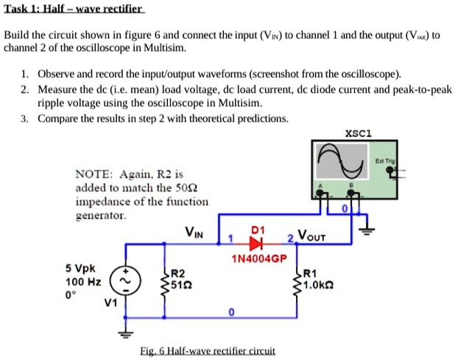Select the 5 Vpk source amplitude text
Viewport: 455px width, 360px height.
[x=80, y=269]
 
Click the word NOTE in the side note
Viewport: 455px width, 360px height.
[x=92, y=174]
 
